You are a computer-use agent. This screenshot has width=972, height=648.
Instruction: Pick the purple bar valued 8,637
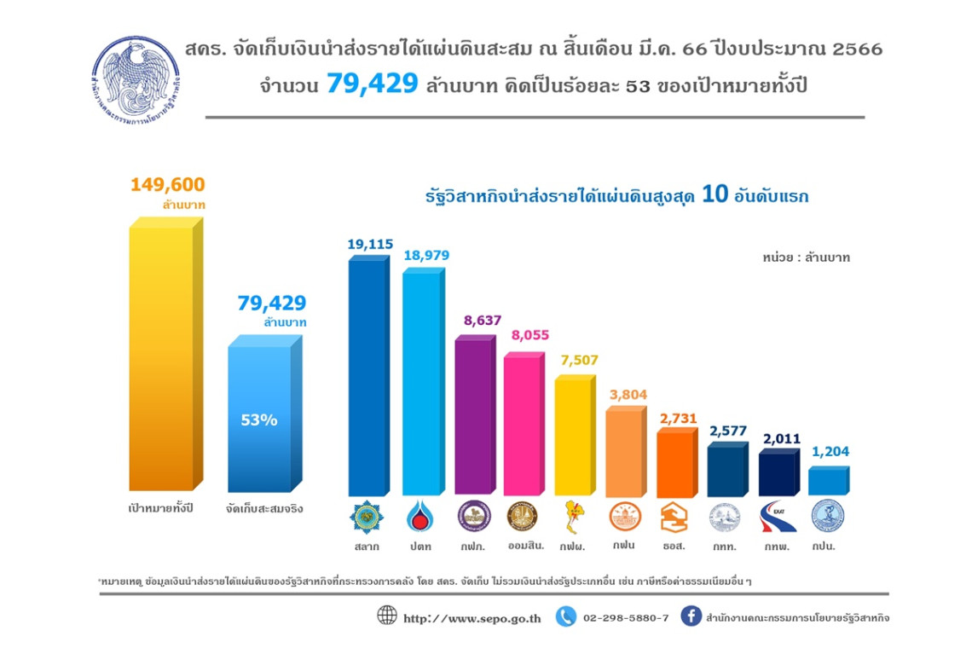pyautogui.click(x=472, y=418)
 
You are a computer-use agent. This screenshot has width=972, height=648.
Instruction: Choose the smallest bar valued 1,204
pyautogui.click(x=827, y=481)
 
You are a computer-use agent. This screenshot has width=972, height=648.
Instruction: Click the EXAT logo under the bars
pyautogui.click(x=777, y=516)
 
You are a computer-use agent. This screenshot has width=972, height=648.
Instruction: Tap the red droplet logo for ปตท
pyautogui.click(x=419, y=516)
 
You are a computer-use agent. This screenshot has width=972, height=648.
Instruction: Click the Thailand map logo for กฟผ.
pyautogui.click(x=571, y=516)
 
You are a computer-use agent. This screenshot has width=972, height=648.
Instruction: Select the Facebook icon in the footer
pyautogui.click(x=691, y=616)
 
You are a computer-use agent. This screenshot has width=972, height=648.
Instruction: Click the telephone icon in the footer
pyautogui.click(x=565, y=616)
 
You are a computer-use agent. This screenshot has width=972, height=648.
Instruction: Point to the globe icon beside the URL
pyautogui.click(x=387, y=616)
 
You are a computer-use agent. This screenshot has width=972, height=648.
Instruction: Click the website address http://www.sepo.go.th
pyautogui.click(x=472, y=617)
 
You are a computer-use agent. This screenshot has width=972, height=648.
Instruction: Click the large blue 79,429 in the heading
pyautogui.click(x=372, y=85)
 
